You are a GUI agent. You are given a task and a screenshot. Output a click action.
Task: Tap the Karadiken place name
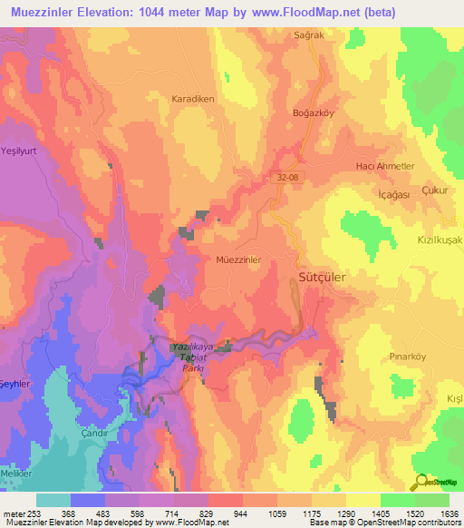(191, 98)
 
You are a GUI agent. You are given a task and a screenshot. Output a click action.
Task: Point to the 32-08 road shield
(289, 179)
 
